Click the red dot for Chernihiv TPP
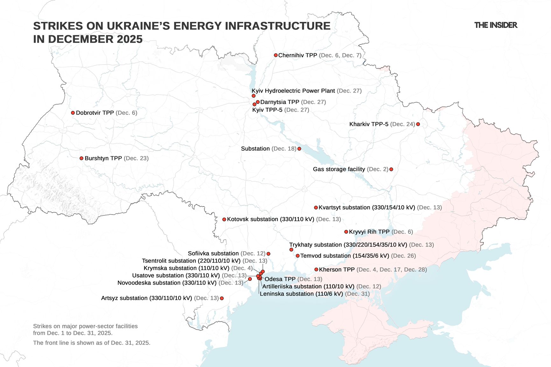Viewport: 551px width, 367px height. [x=276, y=55]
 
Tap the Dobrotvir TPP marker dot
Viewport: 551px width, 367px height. [x=73, y=113]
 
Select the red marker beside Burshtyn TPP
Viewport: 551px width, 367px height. [x=81, y=158]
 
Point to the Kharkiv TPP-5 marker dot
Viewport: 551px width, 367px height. [x=418, y=124]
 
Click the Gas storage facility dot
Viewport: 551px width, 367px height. [x=391, y=169]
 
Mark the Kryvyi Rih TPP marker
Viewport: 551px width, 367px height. [x=346, y=232]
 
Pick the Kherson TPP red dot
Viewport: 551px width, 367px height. [x=316, y=269]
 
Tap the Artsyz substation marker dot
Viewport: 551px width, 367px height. [x=222, y=298]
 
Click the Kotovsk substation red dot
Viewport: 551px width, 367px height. [x=224, y=219]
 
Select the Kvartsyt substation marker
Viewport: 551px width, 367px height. [x=316, y=207]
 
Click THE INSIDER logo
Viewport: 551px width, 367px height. [x=496, y=25]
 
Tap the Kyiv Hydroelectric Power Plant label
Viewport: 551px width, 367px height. [x=293, y=91]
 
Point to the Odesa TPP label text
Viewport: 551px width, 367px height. [x=280, y=279]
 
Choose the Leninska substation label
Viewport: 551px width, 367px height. [x=301, y=294]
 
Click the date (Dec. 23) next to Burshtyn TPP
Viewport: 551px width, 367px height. [x=136, y=158]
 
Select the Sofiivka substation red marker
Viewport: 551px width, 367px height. [x=269, y=254]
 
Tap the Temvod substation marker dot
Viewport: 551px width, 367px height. [x=298, y=256]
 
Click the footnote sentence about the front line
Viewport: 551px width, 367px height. [x=92, y=343]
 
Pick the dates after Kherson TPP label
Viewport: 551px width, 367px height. [x=392, y=270]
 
